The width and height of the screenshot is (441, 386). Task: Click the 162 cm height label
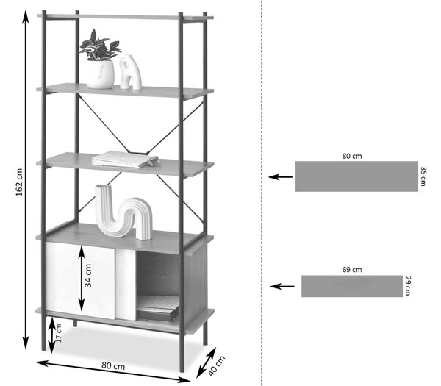[19, 182]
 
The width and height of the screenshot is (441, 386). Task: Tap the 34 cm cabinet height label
[88, 275]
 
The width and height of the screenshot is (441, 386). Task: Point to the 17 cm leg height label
[59, 333]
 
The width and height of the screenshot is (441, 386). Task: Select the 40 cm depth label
[217, 365]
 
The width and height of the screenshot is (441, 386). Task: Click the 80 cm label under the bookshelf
[113, 365]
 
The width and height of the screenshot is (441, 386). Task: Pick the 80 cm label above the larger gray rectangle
[352, 156]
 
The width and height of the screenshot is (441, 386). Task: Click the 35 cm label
[423, 176]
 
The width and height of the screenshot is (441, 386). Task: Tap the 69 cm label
[352, 270]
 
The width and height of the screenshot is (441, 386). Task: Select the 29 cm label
[408, 286]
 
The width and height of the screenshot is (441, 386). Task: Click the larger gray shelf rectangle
[356, 176]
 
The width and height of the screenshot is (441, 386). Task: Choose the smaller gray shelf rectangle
[352, 286]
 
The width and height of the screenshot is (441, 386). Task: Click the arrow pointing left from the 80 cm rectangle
[281, 177]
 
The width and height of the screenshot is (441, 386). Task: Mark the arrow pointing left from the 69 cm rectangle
[282, 287]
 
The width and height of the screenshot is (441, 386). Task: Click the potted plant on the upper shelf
[100, 60]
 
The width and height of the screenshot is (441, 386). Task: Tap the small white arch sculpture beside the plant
[130, 72]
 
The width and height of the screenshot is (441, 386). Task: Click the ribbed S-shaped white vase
[123, 212]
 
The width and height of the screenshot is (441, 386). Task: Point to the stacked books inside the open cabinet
[157, 308]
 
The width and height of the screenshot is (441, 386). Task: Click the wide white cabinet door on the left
[80, 280]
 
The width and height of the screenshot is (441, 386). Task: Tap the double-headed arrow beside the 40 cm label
[206, 362]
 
